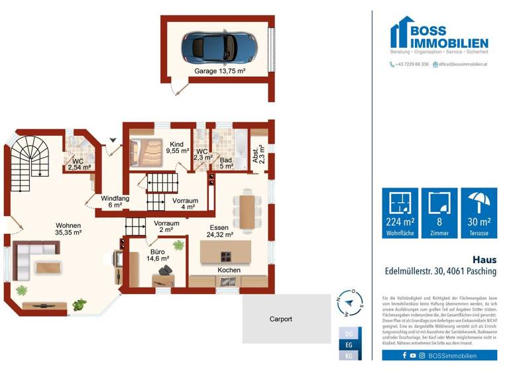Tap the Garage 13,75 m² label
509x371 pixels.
pos(220,71)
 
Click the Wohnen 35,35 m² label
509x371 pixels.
pos(68,229)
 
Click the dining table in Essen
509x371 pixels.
pos(247,211)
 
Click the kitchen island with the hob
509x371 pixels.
pos(226,252)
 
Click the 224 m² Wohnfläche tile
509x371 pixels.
pos(400,213)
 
